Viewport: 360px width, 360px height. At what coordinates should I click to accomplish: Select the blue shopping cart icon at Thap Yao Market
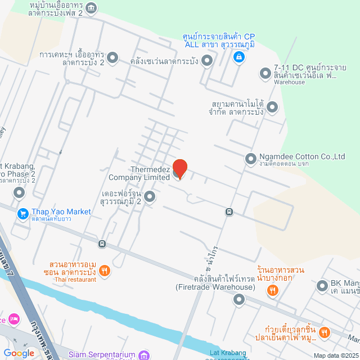(23, 214)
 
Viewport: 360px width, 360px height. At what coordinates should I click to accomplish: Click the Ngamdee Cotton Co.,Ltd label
(302, 157)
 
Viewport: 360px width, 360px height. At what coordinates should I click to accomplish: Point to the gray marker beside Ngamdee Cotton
(250, 159)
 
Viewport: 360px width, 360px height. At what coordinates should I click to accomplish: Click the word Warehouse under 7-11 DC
(289, 82)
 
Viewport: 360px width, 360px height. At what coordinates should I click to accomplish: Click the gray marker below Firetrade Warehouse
(240, 299)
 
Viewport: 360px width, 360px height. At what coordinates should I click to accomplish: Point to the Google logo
(19, 353)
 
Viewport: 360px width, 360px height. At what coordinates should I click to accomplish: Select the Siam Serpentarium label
(102, 355)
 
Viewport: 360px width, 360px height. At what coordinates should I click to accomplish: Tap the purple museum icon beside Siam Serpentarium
(145, 355)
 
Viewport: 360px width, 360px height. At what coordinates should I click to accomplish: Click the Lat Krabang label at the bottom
(228, 353)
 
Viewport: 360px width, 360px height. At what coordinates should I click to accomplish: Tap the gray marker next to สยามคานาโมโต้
(272, 107)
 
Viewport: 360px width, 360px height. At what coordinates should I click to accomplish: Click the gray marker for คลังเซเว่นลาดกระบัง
(207, 60)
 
